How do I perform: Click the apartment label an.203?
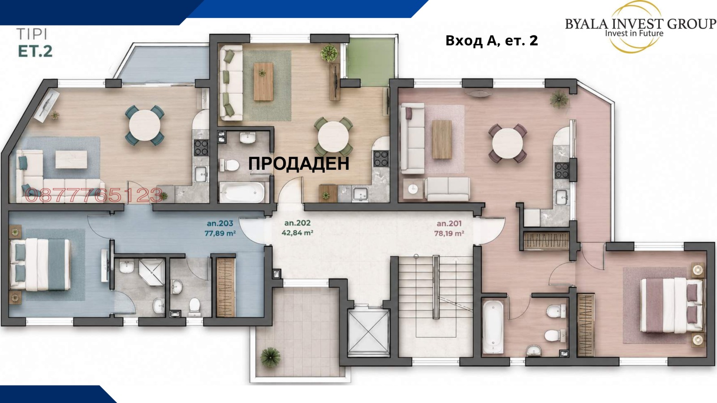pyautogui.click(x=220, y=223)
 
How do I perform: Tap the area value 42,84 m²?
pyautogui.click(x=298, y=233)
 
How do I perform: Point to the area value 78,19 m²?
pyautogui.click(x=449, y=233)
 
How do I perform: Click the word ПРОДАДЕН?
pyautogui.click(x=298, y=163)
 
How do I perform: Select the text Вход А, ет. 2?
pyautogui.click(x=492, y=41)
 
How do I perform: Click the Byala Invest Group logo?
pyautogui.click(x=640, y=27)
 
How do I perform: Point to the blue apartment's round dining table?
pyautogui.click(x=145, y=125)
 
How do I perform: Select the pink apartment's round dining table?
pyautogui.click(x=508, y=143)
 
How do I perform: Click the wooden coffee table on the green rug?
pyautogui.click(x=263, y=81)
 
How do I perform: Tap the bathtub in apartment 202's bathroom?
pyautogui.click(x=242, y=193)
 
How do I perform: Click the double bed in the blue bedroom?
pyautogui.click(x=40, y=265)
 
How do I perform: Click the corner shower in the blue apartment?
pyautogui.click(x=152, y=273)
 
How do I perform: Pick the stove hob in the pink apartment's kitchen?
pyautogui.click(x=562, y=171)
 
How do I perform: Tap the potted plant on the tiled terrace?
pyautogui.click(x=271, y=357)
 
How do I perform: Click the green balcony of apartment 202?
pyautogui.click(x=370, y=62)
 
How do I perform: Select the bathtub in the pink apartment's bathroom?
pyautogui.click(x=493, y=326)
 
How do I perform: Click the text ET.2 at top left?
pyautogui.click(x=35, y=51)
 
